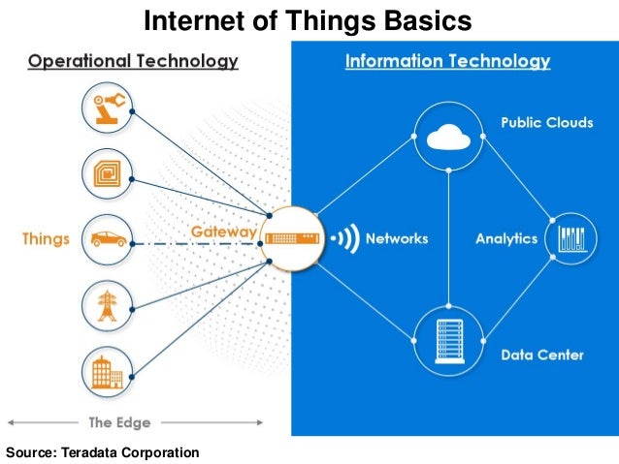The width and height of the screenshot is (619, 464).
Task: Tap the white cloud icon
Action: click(448, 138)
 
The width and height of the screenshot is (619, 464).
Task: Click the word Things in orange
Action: click(46, 239)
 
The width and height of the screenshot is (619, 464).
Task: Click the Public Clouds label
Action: click(546, 123)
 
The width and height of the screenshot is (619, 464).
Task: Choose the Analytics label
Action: click(506, 239)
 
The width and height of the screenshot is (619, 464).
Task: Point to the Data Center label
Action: click(542, 355)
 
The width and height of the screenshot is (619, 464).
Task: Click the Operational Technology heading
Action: click(133, 62)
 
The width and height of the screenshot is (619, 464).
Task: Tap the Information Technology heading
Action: click(447, 62)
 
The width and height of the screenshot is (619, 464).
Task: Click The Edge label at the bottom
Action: click(119, 422)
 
